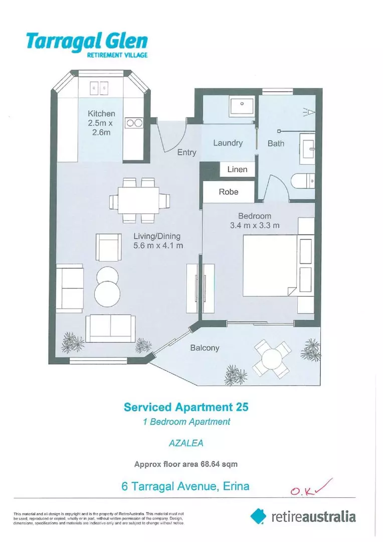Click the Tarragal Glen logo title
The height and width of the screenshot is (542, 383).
click(87, 42)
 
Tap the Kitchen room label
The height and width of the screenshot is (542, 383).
click(101, 113)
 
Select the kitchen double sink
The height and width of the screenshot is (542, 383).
click(99, 88)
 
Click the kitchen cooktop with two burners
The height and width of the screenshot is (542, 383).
click(134, 123)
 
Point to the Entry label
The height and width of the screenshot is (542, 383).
click(186, 153)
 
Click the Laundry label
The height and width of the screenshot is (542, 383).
click(228, 143)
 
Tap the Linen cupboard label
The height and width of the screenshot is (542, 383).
click(237, 170)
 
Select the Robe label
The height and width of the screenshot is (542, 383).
click(229, 192)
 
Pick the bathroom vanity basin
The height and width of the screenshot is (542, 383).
click(307, 149)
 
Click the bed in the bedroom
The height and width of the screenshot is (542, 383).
click(270, 265)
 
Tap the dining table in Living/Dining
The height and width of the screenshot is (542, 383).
click(138, 200)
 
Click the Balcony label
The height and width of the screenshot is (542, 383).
click(205, 348)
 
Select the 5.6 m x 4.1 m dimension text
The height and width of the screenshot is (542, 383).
click(158, 246)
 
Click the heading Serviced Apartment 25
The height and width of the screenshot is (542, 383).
click(186, 407)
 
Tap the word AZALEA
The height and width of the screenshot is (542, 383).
click(186, 443)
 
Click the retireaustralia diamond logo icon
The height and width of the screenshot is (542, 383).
click(258, 516)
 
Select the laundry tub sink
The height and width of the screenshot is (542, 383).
click(242, 108)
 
